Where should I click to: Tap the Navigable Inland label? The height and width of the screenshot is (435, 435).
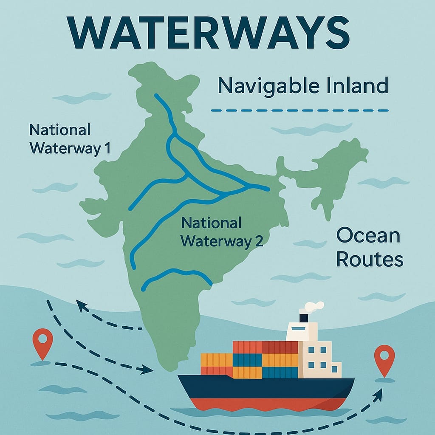click(x=302, y=86)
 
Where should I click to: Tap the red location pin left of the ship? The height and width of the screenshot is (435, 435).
click(x=42, y=342)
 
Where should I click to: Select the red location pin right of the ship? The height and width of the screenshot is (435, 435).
click(x=384, y=359)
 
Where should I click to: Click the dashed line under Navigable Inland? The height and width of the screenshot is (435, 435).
click(x=300, y=110)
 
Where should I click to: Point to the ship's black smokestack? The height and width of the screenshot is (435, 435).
click(x=304, y=318)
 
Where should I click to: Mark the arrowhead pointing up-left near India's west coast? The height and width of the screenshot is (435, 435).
click(x=80, y=303)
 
